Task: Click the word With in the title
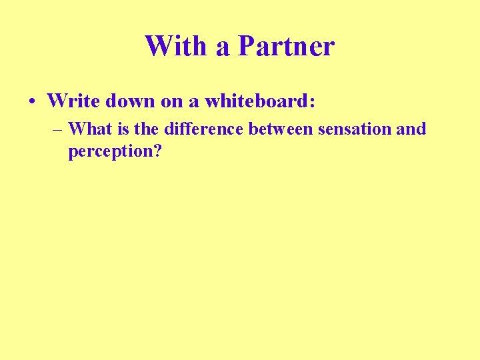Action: pyautogui.click(x=177, y=46)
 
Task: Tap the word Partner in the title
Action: pyautogui.click(x=286, y=46)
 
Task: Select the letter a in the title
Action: pyautogui.click(x=223, y=48)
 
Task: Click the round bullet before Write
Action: pyautogui.click(x=32, y=102)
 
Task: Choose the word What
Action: pyautogui.click(x=89, y=128)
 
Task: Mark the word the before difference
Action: pyautogui.click(x=147, y=128)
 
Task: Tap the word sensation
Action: pyautogui.click(x=355, y=128)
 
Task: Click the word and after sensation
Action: pyautogui.click(x=411, y=128)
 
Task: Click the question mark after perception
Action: pyautogui.click(x=158, y=151)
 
